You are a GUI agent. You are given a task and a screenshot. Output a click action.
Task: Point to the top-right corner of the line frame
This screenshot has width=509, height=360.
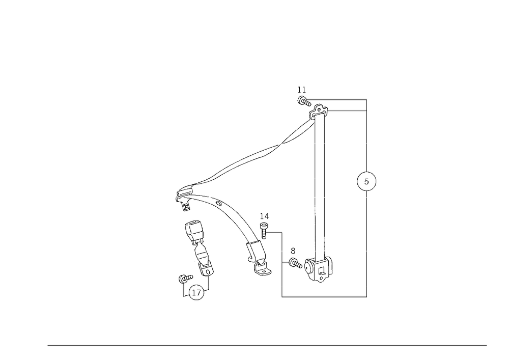(x=366, y=100)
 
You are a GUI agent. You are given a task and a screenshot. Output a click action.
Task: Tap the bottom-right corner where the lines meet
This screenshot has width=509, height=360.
(x=366, y=296)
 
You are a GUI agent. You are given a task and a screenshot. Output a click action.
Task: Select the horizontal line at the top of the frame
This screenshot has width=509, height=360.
(x=341, y=100)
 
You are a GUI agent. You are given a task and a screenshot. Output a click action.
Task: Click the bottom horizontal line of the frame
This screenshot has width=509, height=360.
(x=326, y=296)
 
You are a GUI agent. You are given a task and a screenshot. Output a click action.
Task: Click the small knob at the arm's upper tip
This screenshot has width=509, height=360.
(x=302, y=99)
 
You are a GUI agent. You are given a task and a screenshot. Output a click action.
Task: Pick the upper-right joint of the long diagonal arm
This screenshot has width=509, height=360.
(x=320, y=110)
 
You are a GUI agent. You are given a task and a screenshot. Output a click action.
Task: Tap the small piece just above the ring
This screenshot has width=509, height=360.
(x=184, y=279)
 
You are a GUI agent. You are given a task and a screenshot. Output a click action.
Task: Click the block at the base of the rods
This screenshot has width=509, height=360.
(x=321, y=270)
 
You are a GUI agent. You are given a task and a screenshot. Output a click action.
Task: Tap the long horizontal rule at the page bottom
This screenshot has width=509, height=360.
(x=267, y=345)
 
